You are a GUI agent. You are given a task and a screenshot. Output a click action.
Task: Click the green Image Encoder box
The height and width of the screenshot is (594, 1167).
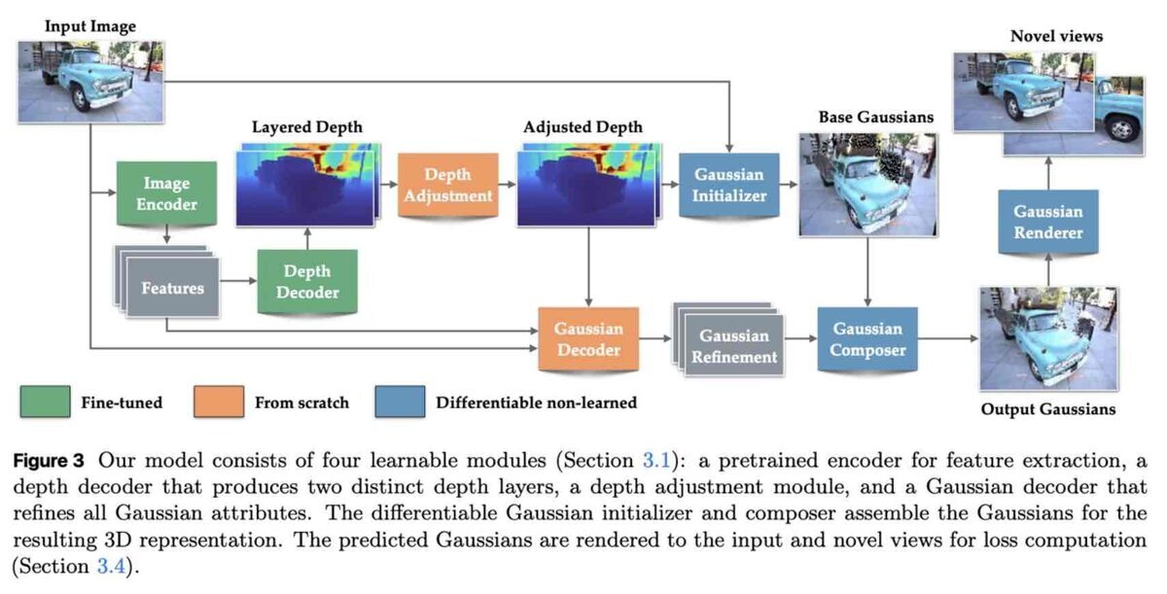pos(166,193)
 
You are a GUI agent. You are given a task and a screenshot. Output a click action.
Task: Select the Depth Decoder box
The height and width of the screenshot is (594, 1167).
pos(307,281)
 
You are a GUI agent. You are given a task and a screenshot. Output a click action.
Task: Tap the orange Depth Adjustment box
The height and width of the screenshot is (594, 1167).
pos(448,185)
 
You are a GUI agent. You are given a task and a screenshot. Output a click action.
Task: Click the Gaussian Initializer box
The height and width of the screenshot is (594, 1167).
pos(729,185)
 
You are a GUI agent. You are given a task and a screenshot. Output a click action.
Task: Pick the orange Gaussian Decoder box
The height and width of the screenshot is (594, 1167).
pos(588,339)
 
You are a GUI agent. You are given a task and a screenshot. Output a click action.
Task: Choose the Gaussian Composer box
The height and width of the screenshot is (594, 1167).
pos(867,339)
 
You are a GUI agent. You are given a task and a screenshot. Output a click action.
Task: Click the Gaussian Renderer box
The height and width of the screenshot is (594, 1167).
pos(1048,222)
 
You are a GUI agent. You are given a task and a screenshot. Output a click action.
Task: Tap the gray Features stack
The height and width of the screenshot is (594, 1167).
pos(167,281)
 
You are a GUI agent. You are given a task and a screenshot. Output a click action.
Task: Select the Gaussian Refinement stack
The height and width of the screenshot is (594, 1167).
pos(728,339)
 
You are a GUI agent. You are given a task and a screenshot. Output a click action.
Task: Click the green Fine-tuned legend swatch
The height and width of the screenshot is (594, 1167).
pos(46,402)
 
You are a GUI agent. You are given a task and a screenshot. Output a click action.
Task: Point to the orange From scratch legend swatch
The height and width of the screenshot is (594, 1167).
pos(219,402)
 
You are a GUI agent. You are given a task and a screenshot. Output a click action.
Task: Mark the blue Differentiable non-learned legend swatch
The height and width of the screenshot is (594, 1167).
pos(400,402)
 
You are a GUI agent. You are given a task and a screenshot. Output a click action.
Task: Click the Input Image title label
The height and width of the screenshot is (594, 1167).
pos(90,26)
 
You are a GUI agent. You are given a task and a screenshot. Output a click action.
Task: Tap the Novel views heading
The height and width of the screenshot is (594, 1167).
pos(1056,36)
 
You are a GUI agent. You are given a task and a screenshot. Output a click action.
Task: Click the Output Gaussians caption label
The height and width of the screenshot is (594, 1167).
pos(1048,409)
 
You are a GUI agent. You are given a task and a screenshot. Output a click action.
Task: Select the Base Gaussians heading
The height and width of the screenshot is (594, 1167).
pos(876,117)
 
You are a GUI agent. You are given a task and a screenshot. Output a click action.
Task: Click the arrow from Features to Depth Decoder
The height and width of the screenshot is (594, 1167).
pos(238,281)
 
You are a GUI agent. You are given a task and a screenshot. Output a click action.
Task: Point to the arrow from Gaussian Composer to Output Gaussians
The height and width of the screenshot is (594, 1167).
pos(947,339)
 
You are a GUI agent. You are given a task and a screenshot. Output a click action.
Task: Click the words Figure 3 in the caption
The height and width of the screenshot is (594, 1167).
pos(49,461)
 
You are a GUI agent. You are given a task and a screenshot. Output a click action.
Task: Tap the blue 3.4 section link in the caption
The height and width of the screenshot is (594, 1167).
pos(111,566)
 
